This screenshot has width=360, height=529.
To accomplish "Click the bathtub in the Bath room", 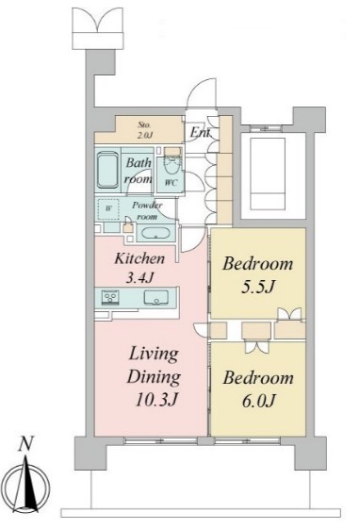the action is (x=107, y=170).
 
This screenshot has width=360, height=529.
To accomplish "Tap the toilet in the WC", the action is (x=172, y=163).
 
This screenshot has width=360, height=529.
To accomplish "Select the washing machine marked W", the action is (x=108, y=208).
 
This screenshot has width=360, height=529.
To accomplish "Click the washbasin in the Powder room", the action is (x=155, y=234).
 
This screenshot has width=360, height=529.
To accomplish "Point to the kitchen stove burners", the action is (x=110, y=297).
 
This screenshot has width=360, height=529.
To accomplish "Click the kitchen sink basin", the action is (x=156, y=297).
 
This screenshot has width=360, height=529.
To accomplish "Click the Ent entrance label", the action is (x=200, y=132).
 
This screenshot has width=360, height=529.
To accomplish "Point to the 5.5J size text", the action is (x=258, y=287).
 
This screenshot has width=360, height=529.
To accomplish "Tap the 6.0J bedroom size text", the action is (x=259, y=401).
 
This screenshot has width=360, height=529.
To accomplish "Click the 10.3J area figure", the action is (x=156, y=400).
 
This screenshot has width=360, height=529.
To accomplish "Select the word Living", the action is (x=154, y=355).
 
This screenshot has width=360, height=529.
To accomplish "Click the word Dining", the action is (x=154, y=377).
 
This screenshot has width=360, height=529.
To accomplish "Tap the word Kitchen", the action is (x=139, y=258).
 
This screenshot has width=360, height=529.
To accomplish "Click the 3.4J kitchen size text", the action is (x=139, y=277).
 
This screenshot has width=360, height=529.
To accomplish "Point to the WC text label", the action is (x=171, y=183).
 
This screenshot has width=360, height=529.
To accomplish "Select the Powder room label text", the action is (x=147, y=210).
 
